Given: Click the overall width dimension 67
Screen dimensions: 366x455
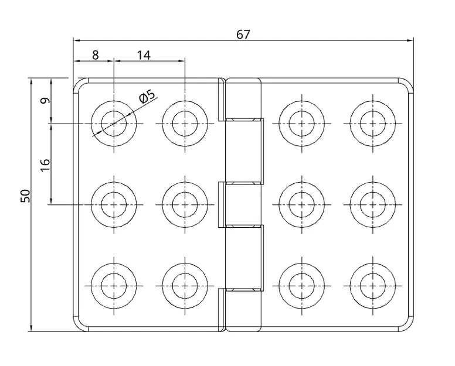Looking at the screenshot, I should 243,35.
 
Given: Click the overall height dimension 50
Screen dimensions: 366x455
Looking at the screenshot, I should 25,196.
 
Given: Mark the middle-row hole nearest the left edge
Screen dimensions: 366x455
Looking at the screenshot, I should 114,204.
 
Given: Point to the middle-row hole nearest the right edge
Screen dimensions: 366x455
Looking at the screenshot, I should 372,204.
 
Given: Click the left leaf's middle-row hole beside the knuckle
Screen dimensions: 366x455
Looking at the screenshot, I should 185,204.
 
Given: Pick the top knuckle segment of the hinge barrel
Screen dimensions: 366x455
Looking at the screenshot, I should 243,98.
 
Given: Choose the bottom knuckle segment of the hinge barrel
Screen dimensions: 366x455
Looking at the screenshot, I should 243,310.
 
